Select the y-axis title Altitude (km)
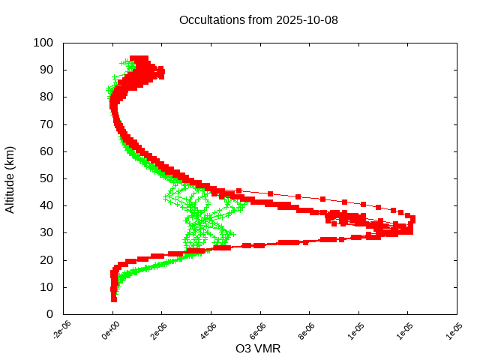point(10,178)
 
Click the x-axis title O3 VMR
point(259,348)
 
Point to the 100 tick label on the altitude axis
point(43,43)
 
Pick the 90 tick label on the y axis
point(46,70)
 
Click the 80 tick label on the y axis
point(46,97)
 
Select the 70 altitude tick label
point(46,124)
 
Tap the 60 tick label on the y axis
point(46,151)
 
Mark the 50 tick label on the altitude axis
point(46,178)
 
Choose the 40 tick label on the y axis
point(46,205)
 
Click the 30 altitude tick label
point(46,232)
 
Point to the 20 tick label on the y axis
point(46,259)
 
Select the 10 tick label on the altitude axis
point(46,286)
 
